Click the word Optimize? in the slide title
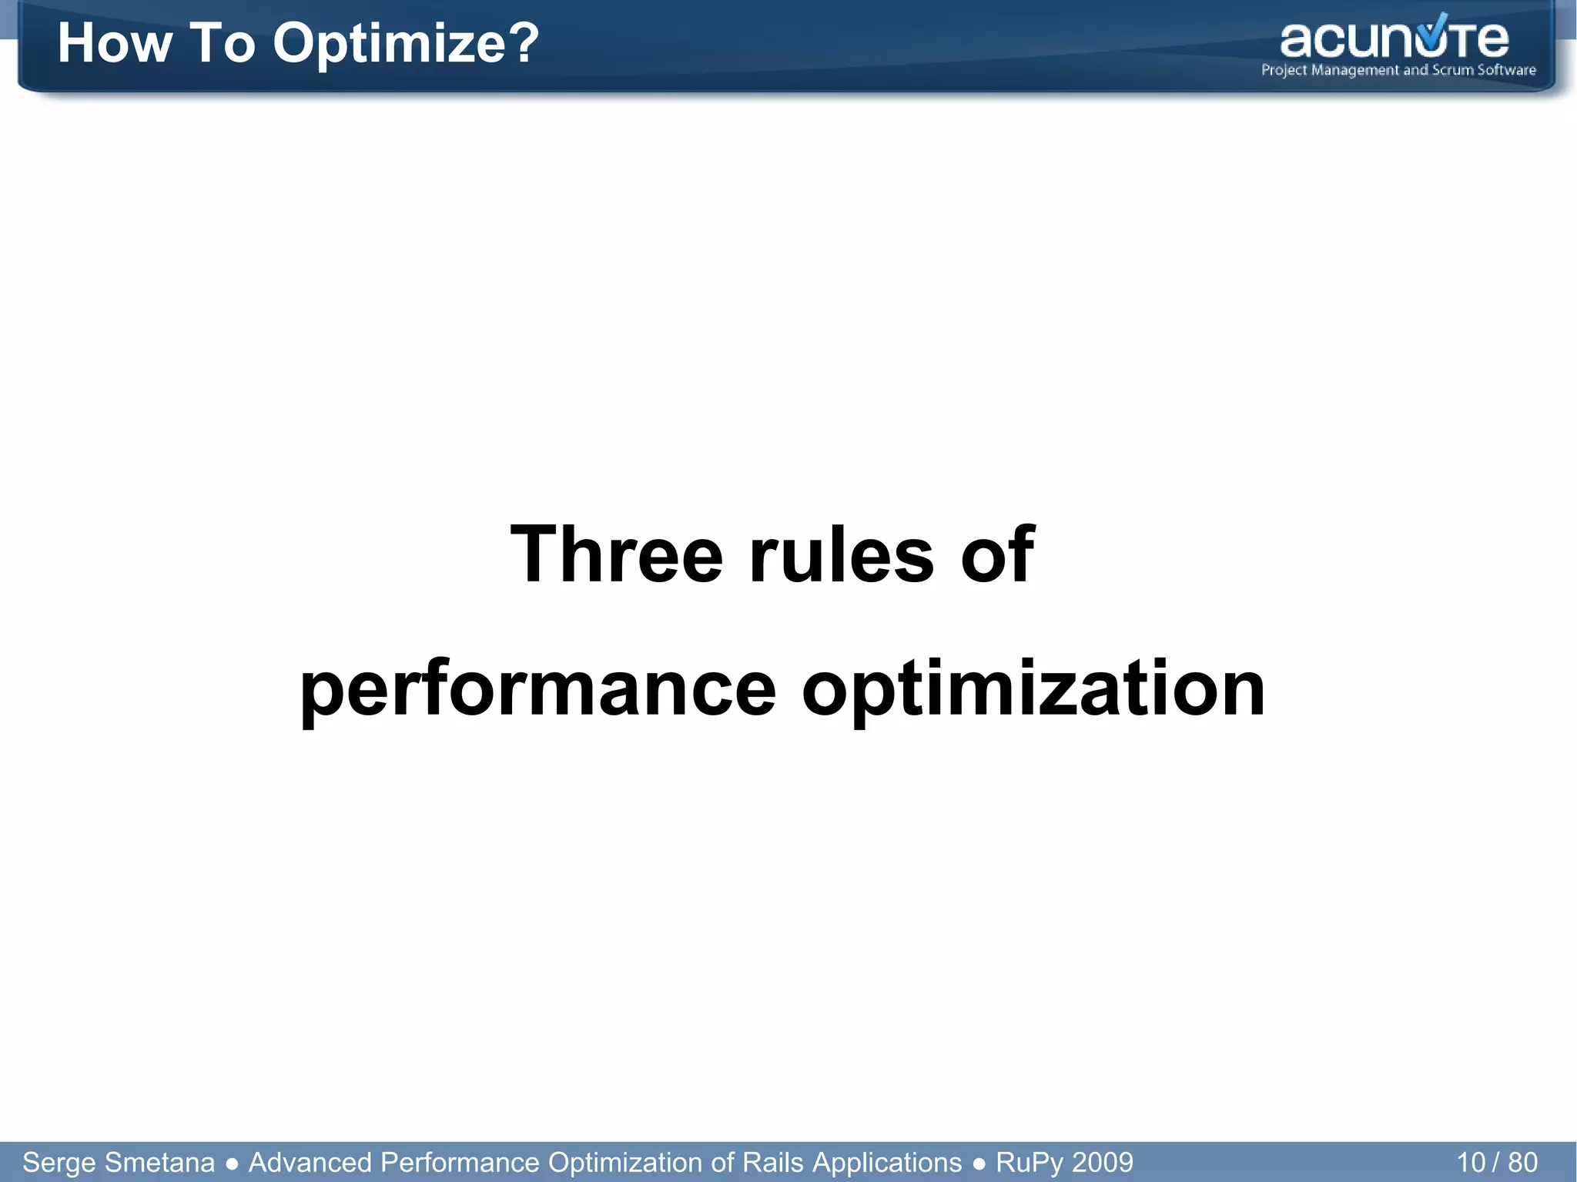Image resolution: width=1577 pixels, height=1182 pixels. click(x=406, y=44)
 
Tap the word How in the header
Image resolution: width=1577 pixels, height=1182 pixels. click(x=114, y=43)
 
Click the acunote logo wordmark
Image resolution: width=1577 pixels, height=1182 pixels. click(x=1394, y=39)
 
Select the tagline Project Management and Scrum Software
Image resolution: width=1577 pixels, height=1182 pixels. click(x=1398, y=70)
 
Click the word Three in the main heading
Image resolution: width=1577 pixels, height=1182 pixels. click(x=616, y=554)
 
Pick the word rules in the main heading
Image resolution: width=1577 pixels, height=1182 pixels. click(x=841, y=554)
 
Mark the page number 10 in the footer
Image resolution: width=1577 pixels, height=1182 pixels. click(x=1470, y=1162)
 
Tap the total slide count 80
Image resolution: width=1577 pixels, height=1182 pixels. click(x=1522, y=1162)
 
